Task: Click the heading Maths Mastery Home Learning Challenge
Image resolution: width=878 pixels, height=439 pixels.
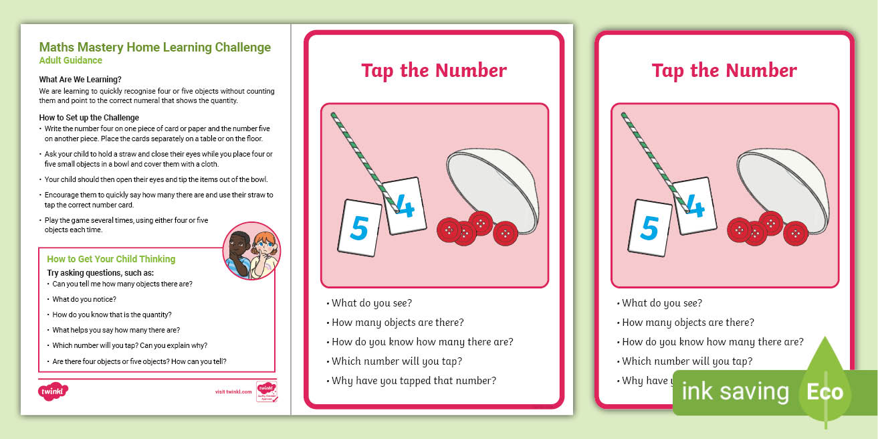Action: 155,48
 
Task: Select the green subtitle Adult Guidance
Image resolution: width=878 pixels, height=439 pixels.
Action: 71,60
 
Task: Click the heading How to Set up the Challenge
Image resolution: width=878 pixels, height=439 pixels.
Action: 89,118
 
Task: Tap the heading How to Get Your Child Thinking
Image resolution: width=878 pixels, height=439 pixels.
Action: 111,259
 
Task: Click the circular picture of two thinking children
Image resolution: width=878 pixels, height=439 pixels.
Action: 251,250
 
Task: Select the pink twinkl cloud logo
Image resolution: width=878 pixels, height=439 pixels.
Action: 53,390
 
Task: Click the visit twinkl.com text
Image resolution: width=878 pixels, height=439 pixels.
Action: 233,391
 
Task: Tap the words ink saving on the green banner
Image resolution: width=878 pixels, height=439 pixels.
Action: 734,391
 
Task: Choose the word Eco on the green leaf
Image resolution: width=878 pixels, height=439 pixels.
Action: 825,391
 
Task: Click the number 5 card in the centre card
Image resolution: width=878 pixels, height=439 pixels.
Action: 360,228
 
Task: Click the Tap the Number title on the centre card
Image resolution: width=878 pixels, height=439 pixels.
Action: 434,70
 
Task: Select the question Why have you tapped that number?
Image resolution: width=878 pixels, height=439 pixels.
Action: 414,381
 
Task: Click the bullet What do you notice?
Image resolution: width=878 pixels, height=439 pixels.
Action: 84,299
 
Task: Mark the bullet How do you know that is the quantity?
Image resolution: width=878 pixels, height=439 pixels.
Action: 112,315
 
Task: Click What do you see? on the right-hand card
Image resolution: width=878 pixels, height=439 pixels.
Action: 662,303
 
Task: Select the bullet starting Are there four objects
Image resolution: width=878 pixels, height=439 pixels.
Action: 139,361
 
